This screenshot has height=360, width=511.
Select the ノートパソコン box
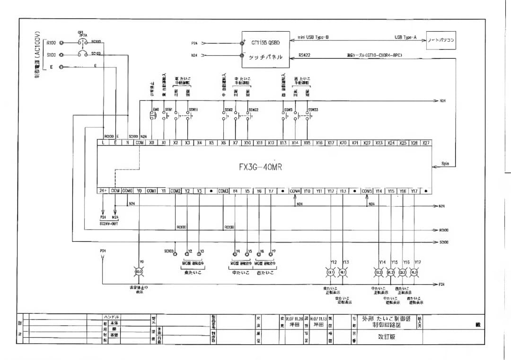441,41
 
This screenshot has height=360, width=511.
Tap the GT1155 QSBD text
265,42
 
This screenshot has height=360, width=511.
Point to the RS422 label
305,55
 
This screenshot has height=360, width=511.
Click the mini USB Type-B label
313,37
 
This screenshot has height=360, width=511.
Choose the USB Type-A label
405,37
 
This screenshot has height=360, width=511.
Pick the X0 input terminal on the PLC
151,142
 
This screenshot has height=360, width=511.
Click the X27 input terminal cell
426,142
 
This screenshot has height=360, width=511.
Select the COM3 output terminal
223,191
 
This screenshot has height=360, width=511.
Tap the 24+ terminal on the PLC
103,191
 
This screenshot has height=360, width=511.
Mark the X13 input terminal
283,142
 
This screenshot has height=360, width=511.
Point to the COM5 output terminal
367,191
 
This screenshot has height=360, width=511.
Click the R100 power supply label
51,43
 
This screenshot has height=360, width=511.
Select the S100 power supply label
51,54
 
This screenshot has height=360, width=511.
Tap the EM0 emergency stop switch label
155,110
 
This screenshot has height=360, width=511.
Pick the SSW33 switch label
312,110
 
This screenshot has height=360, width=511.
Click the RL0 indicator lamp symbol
139,272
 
